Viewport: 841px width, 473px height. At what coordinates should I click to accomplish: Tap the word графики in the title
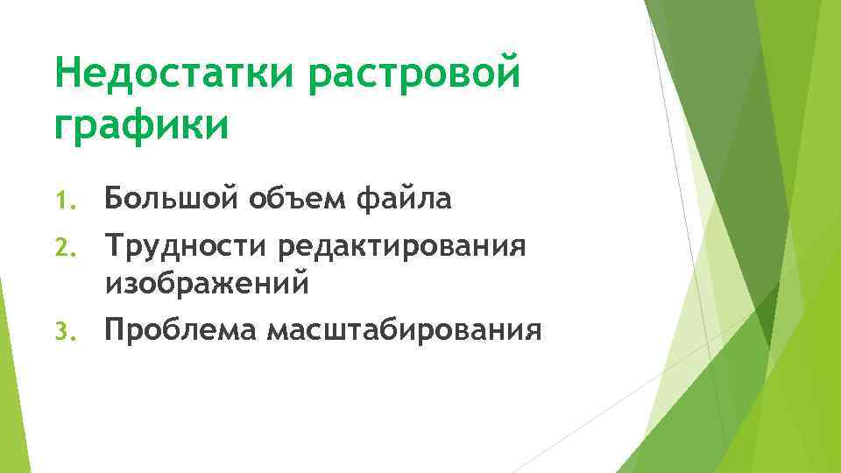pos(141,124)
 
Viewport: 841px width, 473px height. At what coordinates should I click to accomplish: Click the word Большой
pos(167,200)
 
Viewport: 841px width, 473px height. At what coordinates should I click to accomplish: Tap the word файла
pos(404,200)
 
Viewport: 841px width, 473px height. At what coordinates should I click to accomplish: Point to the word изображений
pos(207,282)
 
